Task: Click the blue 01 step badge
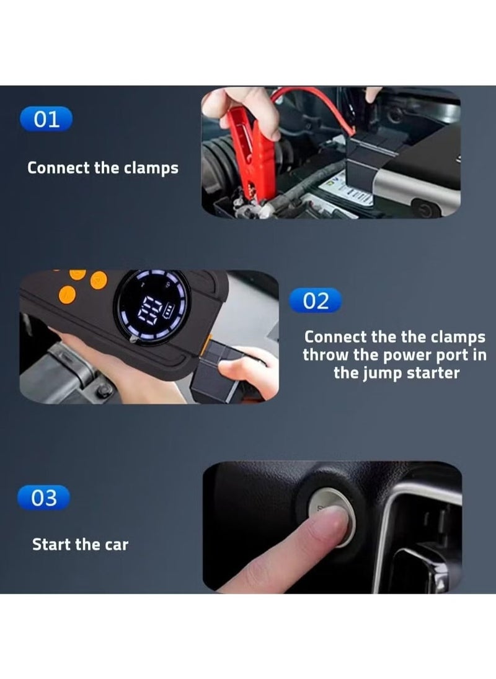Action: (46, 119)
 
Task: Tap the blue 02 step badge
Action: (316, 301)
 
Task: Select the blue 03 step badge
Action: (44, 497)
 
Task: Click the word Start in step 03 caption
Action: (51, 545)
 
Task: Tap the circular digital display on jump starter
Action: (153, 307)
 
